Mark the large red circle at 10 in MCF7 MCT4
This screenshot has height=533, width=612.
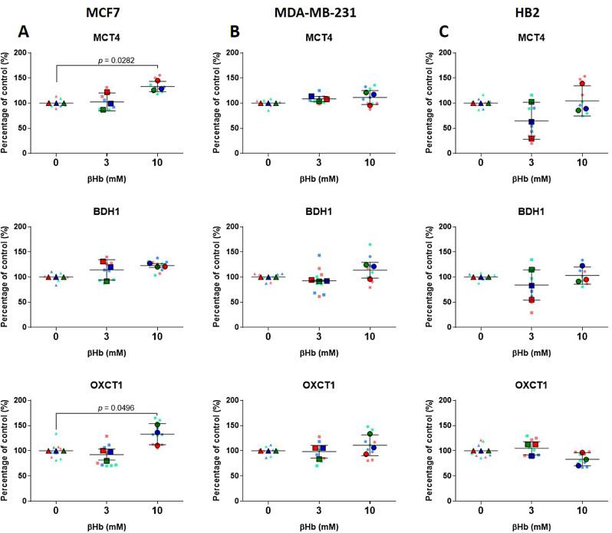coord(158,81)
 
